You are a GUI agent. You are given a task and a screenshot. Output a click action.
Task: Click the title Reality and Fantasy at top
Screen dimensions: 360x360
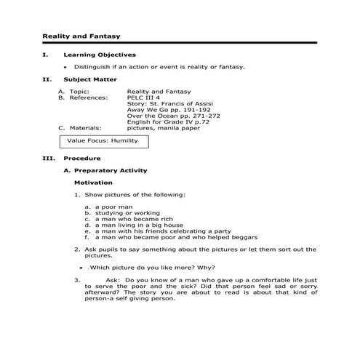coord(81,36)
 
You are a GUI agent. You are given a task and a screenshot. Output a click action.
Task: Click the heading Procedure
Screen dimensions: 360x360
coord(81,158)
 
